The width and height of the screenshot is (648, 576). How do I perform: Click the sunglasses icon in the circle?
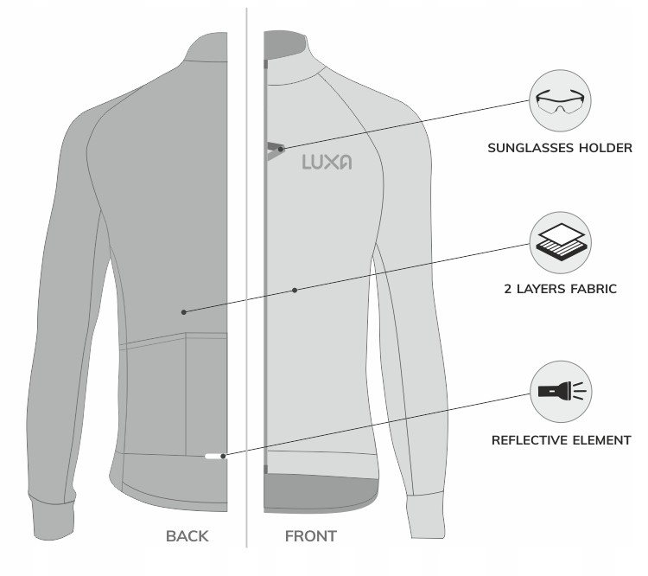[x=560, y=102]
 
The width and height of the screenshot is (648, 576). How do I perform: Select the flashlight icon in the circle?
[x=560, y=391]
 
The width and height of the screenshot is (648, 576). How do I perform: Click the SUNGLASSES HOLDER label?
[x=560, y=148]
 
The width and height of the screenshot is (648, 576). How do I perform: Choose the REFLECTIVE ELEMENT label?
[x=561, y=440]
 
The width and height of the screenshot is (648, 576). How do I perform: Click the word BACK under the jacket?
[x=187, y=536]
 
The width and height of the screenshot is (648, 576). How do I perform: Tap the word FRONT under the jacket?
[x=311, y=536]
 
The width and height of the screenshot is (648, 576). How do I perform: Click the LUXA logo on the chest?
[x=327, y=162]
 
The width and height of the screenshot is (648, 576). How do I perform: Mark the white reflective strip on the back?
[x=212, y=455]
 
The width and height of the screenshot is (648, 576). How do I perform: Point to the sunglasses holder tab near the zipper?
[x=276, y=149]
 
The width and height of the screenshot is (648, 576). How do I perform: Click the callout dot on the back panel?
[x=184, y=310]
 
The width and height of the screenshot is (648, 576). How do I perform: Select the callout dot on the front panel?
[x=295, y=290]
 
